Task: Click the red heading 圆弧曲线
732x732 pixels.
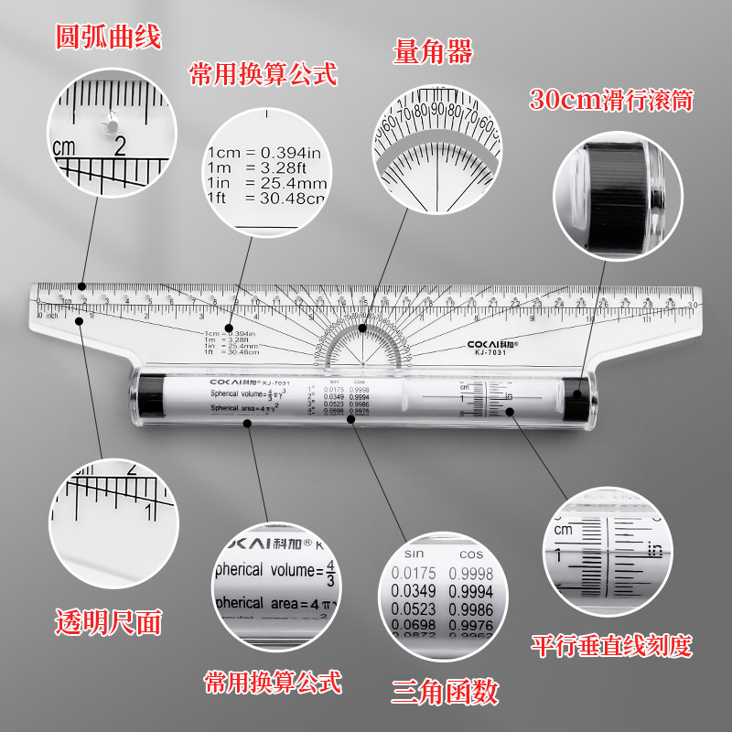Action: pos(108,38)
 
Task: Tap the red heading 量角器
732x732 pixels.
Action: pos(433,52)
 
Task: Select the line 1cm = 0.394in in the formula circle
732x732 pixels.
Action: pos(264,151)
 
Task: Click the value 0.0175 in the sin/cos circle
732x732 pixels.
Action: pos(412,573)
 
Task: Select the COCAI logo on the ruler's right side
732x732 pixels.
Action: pos(492,342)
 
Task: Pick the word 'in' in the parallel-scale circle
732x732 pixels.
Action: pos(653,549)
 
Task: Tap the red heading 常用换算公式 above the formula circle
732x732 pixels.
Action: pos(263,73)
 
